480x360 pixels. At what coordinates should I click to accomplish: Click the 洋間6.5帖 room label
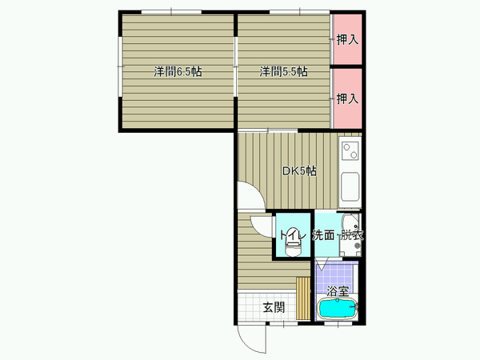178,72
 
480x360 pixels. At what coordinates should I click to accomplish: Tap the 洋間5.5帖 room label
283,72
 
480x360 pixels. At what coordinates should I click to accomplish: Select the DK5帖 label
299,171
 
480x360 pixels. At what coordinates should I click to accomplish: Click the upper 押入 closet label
347,40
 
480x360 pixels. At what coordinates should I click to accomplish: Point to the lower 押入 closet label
347,98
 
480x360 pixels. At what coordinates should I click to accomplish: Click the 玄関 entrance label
274,307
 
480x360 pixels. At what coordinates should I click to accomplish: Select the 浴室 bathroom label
338,291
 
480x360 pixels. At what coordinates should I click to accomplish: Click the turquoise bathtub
338,310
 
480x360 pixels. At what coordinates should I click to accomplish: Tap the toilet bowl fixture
294,249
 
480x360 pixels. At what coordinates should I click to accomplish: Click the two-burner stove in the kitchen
350,151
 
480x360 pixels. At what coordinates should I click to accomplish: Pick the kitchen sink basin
350,186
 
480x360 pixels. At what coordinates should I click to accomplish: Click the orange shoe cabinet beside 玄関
303,298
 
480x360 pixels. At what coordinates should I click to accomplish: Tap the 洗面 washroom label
323,235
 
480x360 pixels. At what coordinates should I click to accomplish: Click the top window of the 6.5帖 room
171,12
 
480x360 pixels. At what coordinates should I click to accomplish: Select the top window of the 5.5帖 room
299,12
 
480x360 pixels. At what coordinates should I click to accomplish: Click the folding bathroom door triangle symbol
322,265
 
